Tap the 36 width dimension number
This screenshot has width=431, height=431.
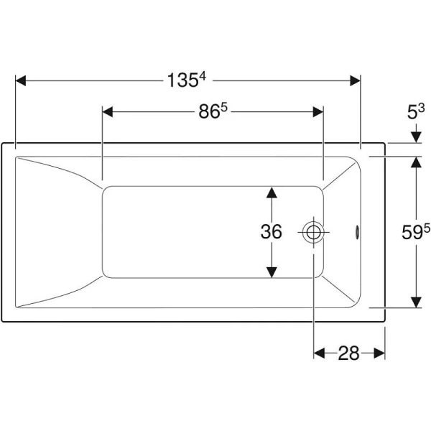point(271,231)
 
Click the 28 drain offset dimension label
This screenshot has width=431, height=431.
point(348,353)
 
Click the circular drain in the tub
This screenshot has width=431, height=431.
point(313,233)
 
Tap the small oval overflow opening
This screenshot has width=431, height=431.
point(357,232)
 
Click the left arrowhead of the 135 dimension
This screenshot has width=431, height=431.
point(21,80)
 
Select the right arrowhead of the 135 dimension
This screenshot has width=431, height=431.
point(355,80)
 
